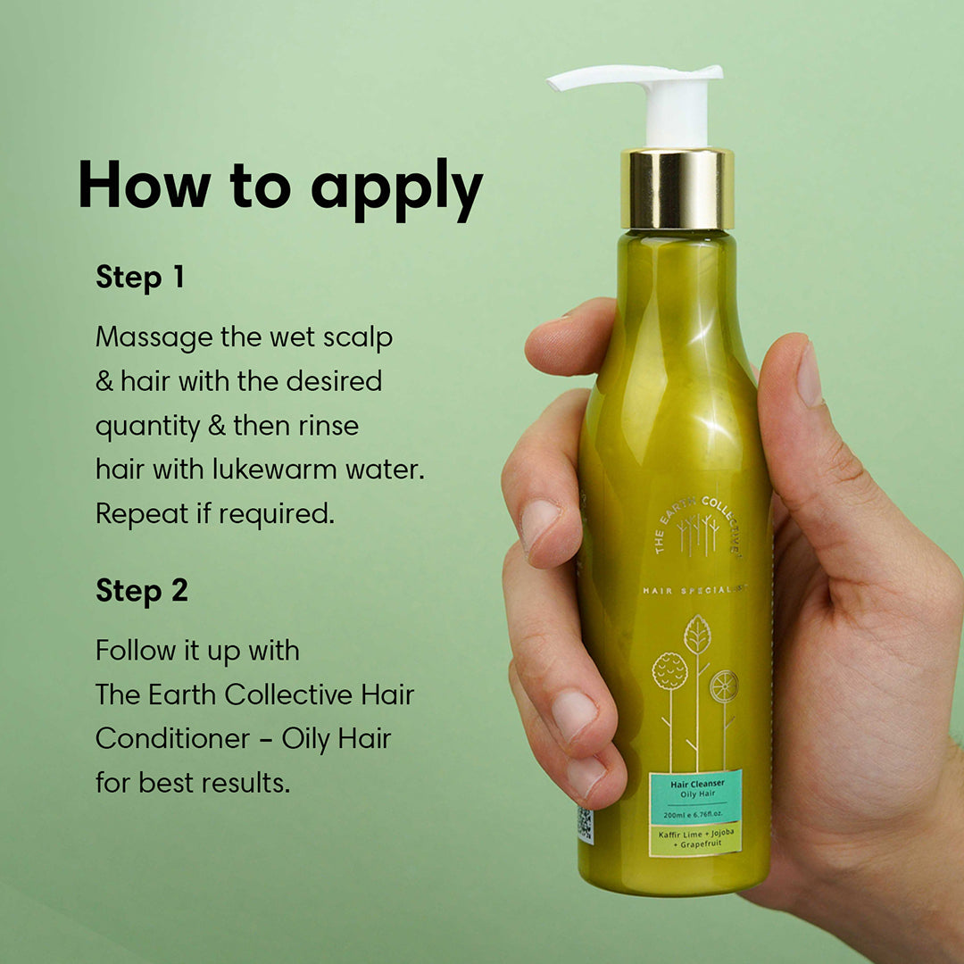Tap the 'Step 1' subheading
tap(140, 278)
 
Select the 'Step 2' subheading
tap(142, 591)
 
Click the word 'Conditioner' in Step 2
tap(173, 738)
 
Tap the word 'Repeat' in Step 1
tap(142, 515)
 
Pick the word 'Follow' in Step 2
tap(136, 650)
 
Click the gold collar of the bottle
tap(677, 188)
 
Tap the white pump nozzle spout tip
tap(553, 82)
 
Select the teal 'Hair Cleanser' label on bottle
tap(696, 797)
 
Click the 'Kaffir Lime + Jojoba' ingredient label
tap(696, 838)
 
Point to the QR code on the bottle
tap(585, 825)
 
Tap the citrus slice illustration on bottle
tap(724, 686)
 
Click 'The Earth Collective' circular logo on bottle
tap(697, 527)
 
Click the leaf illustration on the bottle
tap(697, 636)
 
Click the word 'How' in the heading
tap(145, 184)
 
